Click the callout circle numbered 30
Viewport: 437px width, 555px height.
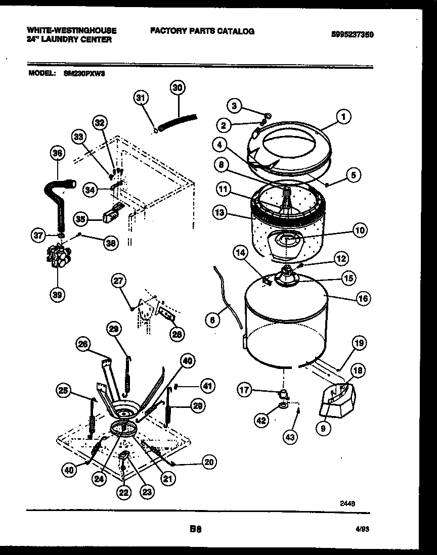[x=177, y=88]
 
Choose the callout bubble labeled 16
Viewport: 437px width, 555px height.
[x=363, y=298]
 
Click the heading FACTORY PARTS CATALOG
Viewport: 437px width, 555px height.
[x=202, y=31]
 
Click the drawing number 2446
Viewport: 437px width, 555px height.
[x=347, y=503]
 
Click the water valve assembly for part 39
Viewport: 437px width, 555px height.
[x=58, y=256]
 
